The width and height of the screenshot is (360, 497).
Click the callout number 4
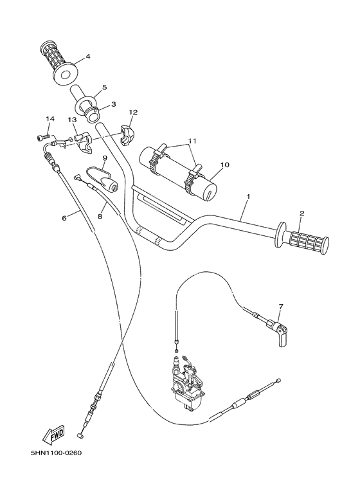pyautogui.click(x=88, y=57)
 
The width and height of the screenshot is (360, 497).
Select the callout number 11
pyautogui.click(x=174, y=140)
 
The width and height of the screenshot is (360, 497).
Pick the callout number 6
pyautogui.click(x=64, y=218)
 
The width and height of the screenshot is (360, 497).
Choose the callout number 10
pyautogui.click(x=225, y=165)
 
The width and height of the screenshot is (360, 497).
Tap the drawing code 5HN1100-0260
pyautogui.click(x=56, y=453)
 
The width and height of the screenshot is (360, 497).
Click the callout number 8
pyautogui.click(x=100, y=217)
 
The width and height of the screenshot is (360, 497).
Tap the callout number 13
pyautogui.click(x=73, y=120)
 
